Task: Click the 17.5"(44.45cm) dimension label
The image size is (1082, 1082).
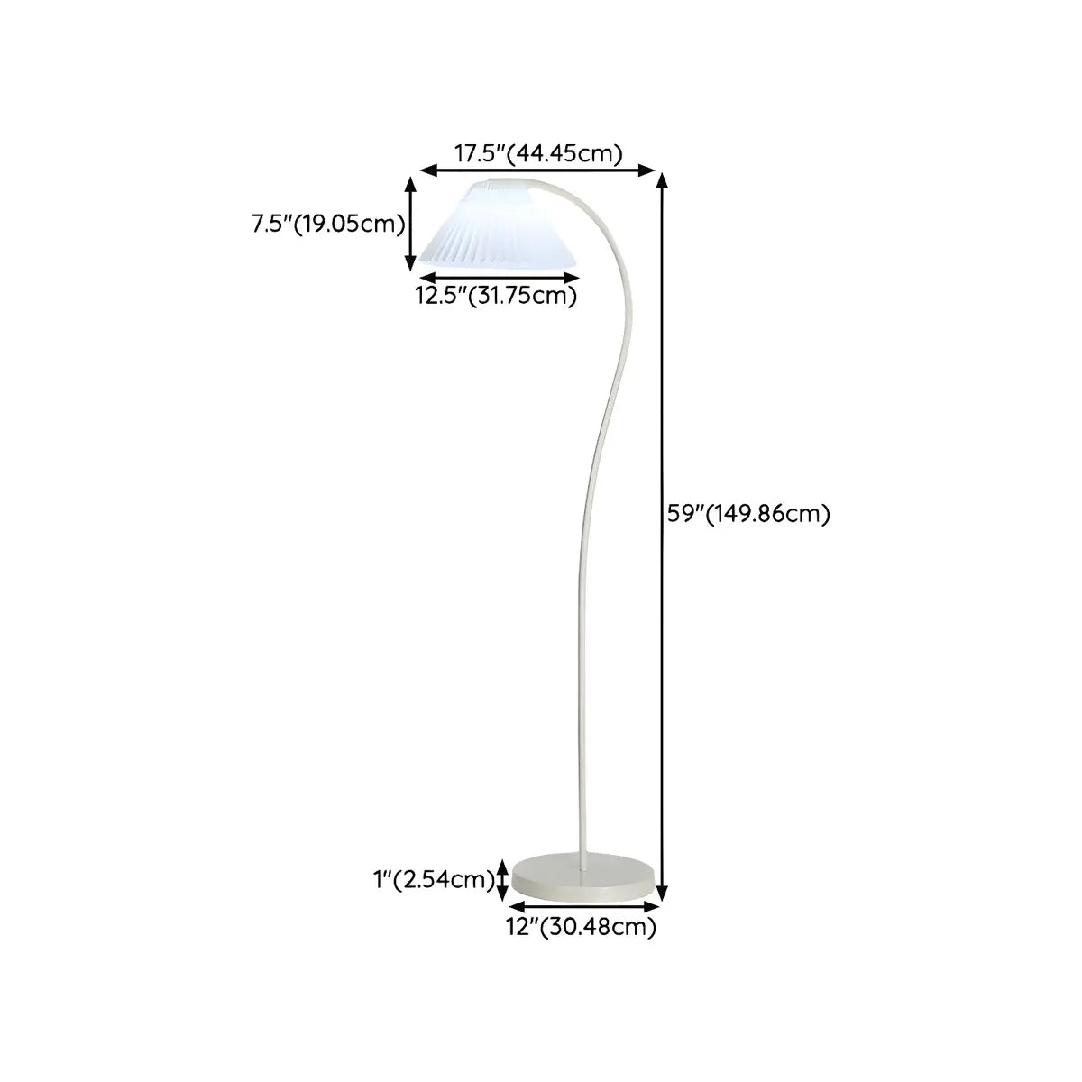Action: (x=538, y=154)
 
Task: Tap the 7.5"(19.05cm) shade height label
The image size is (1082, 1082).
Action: (x=328, y=224)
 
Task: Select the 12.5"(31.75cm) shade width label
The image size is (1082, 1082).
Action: (x=496, y=296)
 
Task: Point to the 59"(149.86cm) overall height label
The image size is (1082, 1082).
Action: (x=748, y=514)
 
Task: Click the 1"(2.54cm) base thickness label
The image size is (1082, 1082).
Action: (x=434, y=879)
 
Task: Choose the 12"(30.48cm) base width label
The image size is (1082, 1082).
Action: (x=582, y=927)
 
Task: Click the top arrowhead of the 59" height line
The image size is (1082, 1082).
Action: (x=663, y=181)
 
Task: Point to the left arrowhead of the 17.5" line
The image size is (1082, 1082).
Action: (x=428, y=170)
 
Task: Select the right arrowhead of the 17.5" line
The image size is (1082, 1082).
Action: (x=646, y=170)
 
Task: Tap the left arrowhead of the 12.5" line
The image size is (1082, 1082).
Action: (x=428, y=278)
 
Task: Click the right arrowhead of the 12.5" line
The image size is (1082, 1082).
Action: (x=571, y=278)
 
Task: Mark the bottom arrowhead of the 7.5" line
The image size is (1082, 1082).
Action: (x=411, y=264)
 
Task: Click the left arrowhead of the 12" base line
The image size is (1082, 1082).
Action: (x=518, y=907)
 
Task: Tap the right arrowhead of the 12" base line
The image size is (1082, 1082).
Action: (x=651, y=907)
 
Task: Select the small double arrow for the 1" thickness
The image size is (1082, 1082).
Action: (x=504, y=880)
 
